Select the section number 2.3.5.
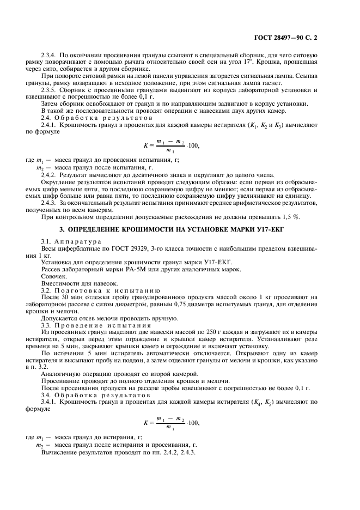[x=50, y=89]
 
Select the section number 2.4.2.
[x=50, y=175]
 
